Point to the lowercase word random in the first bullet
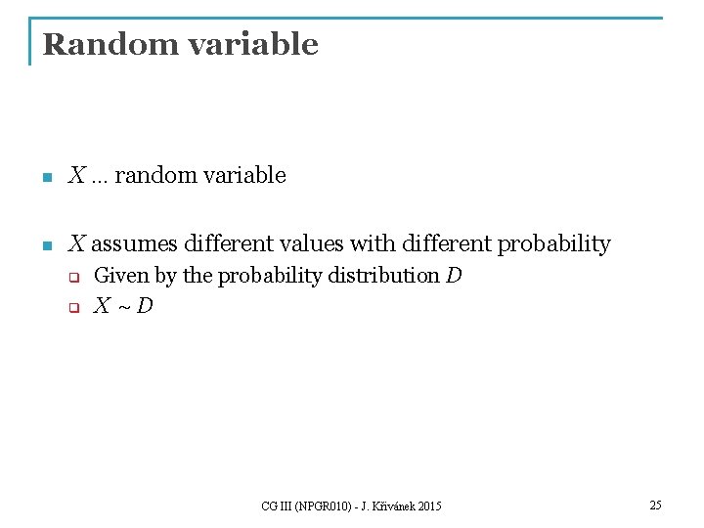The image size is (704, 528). coord(154,176)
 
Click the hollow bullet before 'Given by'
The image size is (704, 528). coord(72,278)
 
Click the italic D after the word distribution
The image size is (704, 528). coord(454,276)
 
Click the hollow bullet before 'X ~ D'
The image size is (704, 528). coord(72,309)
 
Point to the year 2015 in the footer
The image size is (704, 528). coord(428,506)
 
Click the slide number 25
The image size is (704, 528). coord(655,505)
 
